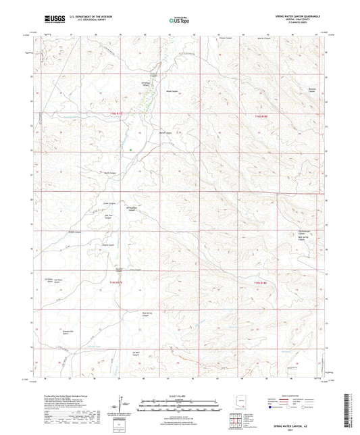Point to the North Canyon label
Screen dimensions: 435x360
[116, 173]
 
